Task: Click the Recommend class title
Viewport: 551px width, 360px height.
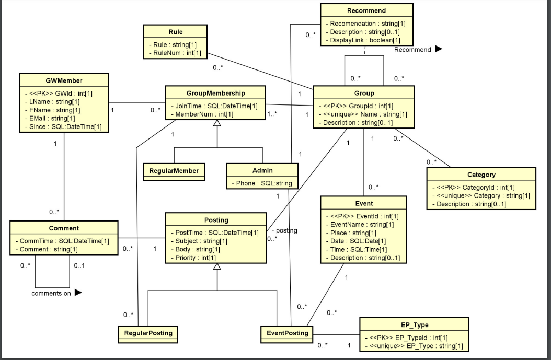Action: (366, 10)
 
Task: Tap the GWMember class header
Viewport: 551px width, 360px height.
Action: (64, 80)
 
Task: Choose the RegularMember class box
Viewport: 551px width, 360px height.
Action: (174, 170)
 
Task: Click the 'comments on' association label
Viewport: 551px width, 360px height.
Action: (51, 293)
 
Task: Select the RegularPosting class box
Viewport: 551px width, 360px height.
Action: (148, 333)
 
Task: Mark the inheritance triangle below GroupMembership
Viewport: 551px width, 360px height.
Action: (217, 124)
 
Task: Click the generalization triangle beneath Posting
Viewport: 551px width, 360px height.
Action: (217, 266)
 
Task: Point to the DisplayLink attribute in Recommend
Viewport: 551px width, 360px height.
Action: (365, 40)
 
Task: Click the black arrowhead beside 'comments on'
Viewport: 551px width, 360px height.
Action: (78, 293)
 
